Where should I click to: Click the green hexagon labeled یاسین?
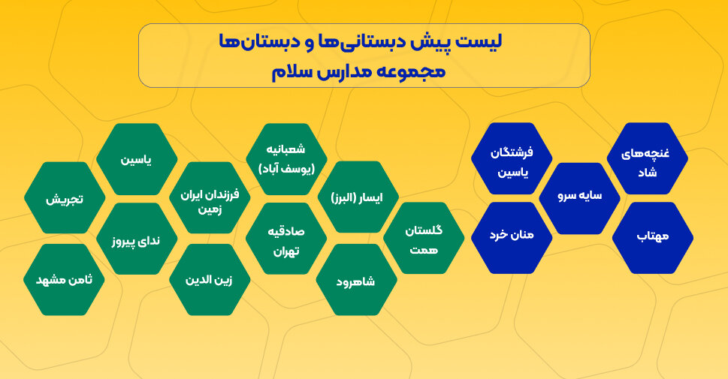137,159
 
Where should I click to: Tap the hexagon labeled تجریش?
65,199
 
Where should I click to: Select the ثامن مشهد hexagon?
65,279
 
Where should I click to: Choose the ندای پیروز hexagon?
137,239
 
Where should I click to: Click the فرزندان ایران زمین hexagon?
210,199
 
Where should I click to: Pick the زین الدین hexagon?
210,279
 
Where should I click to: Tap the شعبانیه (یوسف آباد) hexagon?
285,159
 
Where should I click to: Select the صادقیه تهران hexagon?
285,239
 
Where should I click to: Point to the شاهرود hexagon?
356,280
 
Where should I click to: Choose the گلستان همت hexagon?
424,239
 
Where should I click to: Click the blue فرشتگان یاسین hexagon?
512,159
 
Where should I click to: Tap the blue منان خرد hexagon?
512,239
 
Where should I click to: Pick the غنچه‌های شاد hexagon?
648,159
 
